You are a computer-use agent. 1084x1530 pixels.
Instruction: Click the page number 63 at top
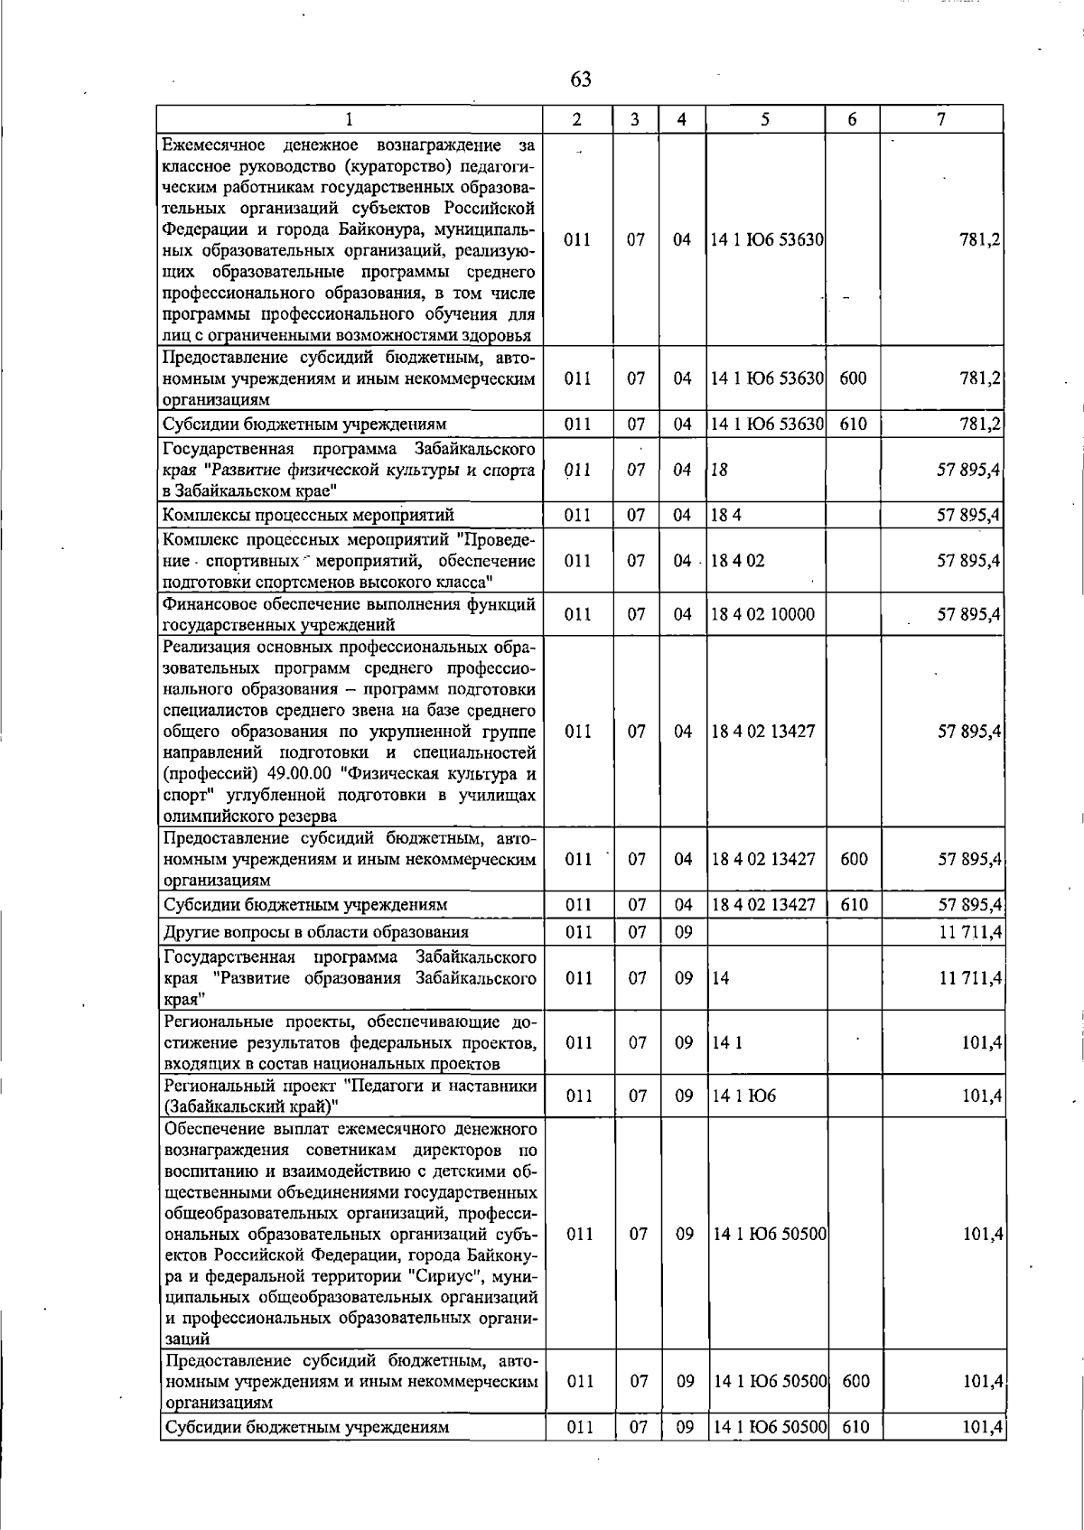click(x=581, y=79)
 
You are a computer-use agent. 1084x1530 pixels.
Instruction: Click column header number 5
click(x=765, y=119)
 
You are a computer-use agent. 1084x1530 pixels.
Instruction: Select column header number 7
click(x=941, y=119)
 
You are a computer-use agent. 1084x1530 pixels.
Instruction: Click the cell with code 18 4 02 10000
click(x=762, y=614)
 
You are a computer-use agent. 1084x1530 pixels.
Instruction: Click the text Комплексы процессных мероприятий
click(x=308, y=516)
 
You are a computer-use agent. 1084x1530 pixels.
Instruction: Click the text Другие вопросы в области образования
click(x=315, y=932)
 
